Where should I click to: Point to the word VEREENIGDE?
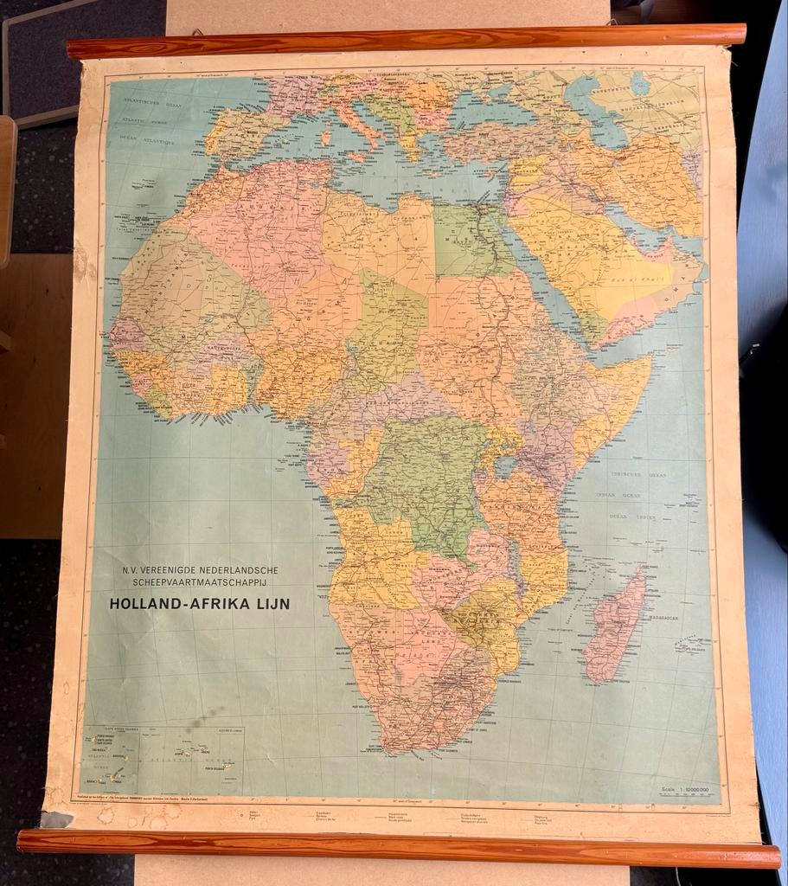172,570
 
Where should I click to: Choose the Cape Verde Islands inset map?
111,759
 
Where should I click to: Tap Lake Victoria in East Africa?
503,465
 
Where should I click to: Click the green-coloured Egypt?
467,238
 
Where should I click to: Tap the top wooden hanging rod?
407,39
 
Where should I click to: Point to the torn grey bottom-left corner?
58,819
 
